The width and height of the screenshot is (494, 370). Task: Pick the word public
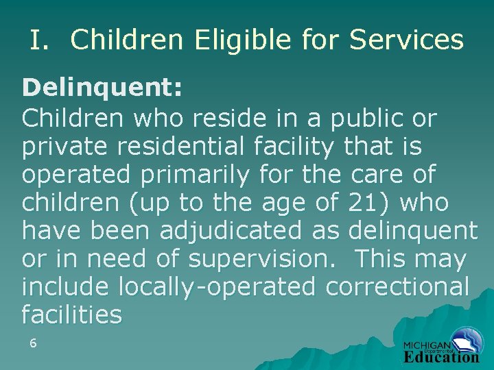[370, 119]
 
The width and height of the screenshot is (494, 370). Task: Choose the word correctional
[397, 287]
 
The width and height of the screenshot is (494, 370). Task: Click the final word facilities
[72, 315]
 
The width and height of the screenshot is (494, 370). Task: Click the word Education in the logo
[441, 357]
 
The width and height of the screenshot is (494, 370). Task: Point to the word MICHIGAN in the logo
[426, 345]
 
